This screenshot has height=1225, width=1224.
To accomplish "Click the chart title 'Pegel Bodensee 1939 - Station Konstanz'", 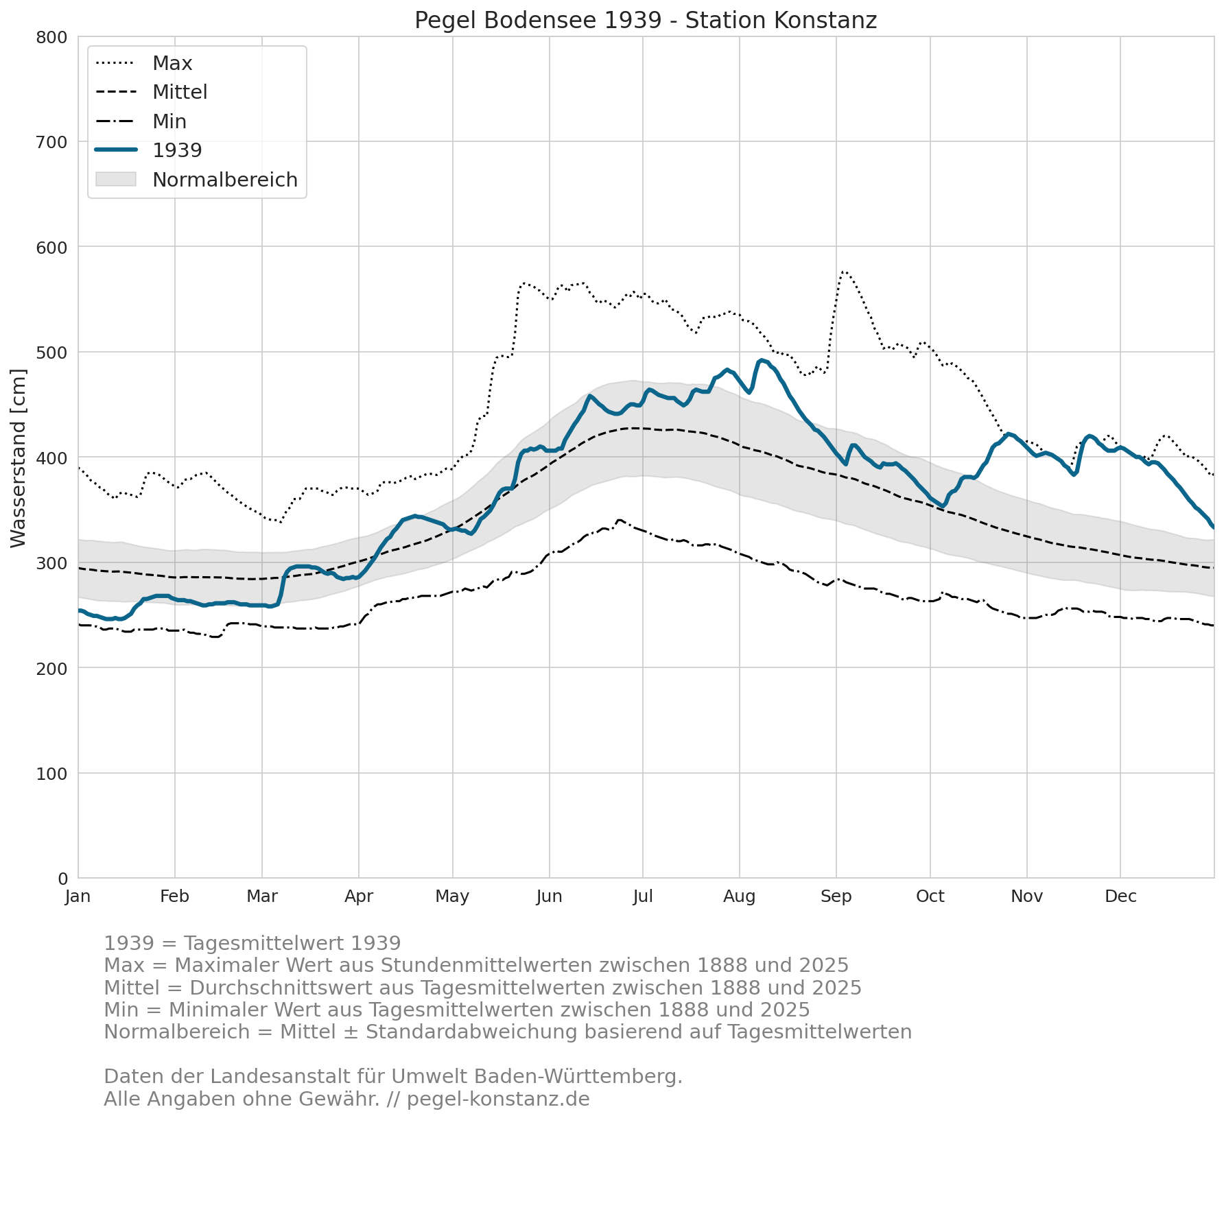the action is point(646,21).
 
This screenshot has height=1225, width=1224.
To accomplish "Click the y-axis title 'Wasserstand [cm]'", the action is point(19,458).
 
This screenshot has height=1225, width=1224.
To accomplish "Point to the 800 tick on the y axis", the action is point(51,37).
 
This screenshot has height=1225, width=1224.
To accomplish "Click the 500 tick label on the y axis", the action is point(51,353).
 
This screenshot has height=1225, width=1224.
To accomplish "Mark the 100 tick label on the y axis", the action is point(51,774).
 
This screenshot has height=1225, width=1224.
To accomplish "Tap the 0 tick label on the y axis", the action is point(63,879).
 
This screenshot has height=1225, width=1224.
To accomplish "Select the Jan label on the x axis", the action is point(78,896).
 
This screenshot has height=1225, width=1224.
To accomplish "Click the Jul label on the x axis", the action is point(643,896).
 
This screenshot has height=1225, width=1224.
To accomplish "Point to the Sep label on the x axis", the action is point(836,896).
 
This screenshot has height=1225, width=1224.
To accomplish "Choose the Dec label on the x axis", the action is point(1120,896).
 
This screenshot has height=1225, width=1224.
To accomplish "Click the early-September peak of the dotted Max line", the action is point(843,272).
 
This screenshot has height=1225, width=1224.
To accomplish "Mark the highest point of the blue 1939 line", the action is point(762,360).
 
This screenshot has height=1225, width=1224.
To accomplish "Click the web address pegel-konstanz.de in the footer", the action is point(498,1099).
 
